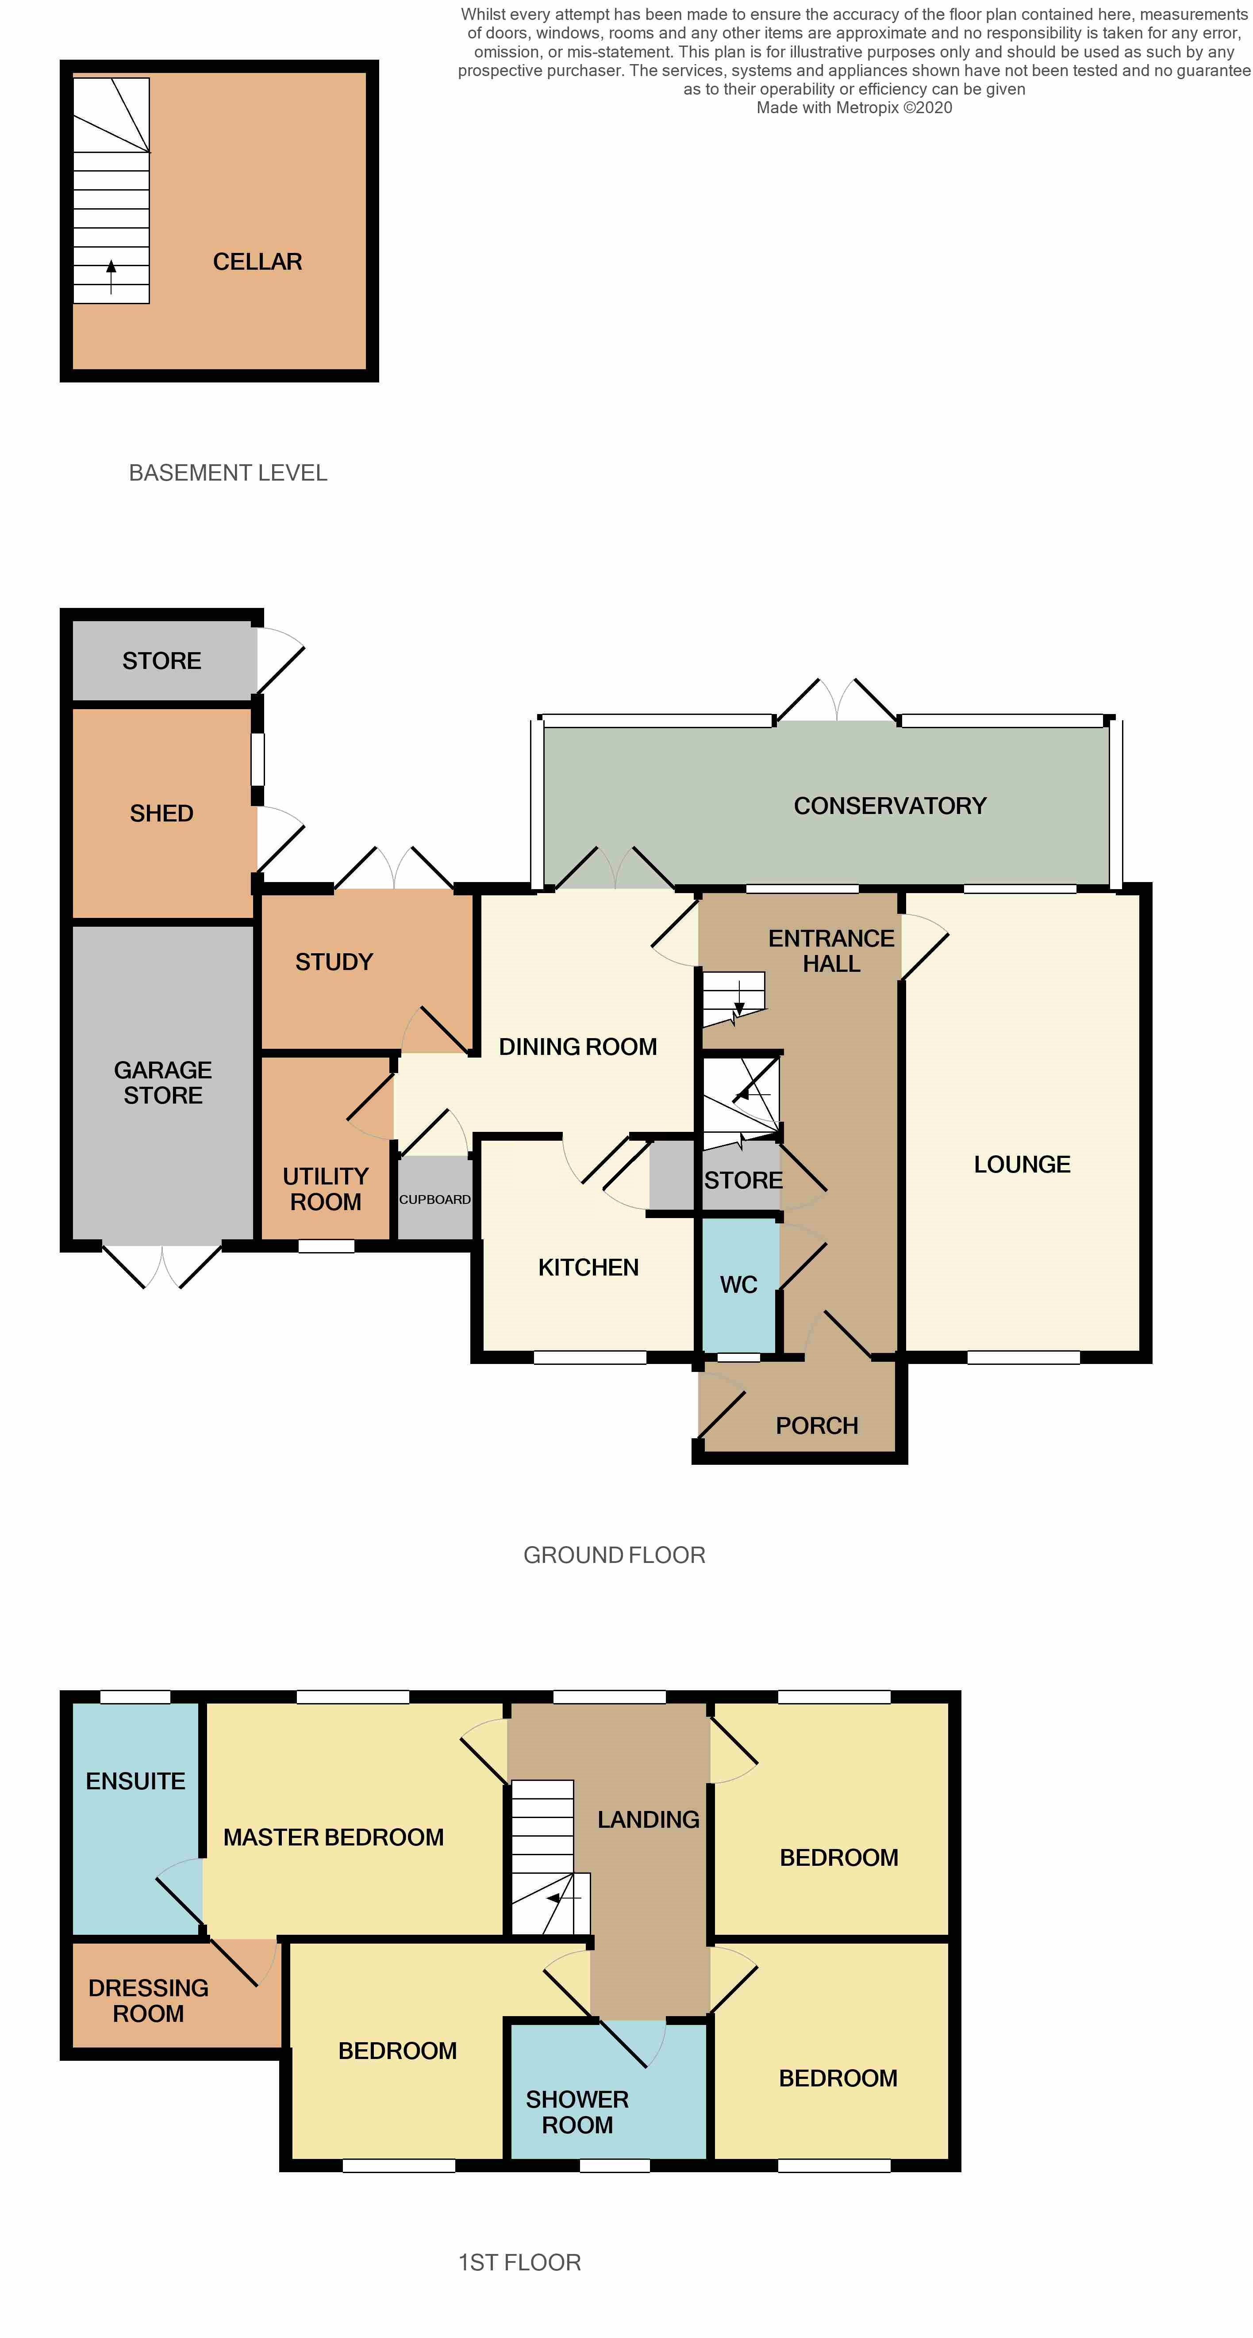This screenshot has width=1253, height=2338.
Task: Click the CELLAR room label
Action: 257,262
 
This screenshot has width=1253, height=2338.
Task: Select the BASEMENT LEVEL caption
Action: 228,473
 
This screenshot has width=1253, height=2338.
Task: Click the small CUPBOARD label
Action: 435,1199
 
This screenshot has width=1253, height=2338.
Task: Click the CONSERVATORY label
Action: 890,806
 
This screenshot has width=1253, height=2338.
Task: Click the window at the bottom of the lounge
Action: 1023,1358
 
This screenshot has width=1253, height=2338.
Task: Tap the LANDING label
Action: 648,1820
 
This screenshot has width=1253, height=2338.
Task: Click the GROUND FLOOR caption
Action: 614,1555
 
